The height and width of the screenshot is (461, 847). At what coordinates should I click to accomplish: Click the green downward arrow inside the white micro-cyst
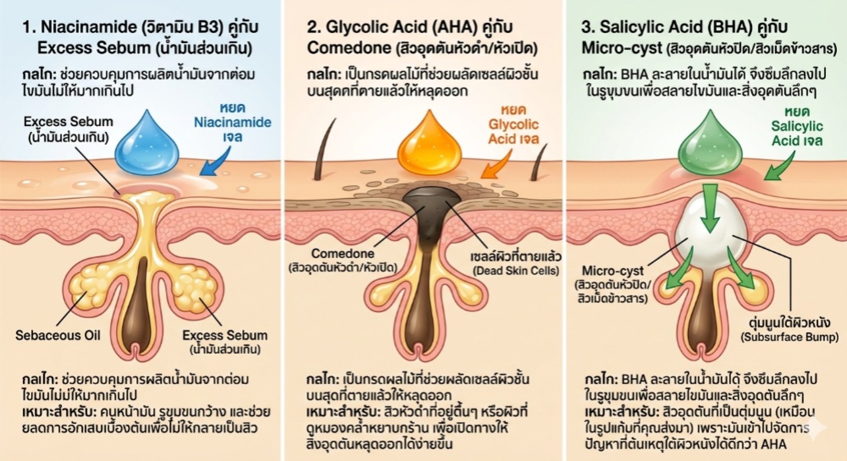tap(710, 207)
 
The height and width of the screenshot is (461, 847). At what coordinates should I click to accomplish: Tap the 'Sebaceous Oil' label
tap(58, 335)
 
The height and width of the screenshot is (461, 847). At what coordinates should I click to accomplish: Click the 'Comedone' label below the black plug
tap(342, 253)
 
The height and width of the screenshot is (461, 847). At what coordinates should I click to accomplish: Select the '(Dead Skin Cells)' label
tap(516, 271)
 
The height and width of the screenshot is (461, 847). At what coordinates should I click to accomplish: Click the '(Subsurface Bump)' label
tap(789, 337)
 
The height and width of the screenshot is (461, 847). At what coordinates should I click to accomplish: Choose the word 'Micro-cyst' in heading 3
tap(622, 48)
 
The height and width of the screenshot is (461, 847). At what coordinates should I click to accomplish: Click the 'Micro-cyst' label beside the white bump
tap(613, 271)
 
